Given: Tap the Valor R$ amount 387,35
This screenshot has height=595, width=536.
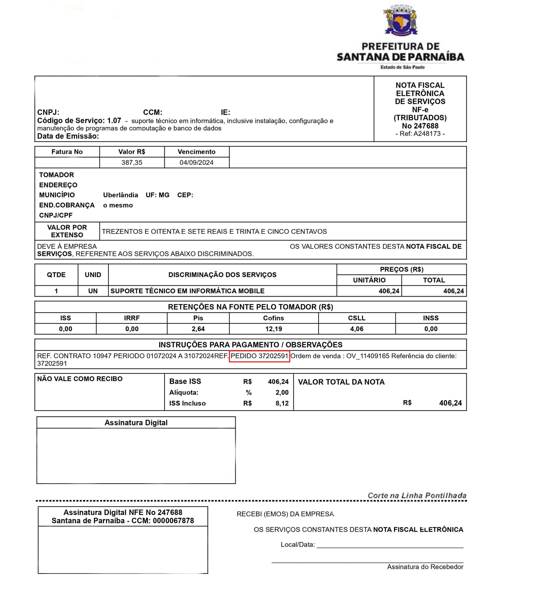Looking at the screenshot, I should [x=132, y=163].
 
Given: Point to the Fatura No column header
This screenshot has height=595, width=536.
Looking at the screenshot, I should [x=67, y=152].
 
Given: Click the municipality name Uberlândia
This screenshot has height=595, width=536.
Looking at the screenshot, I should [x=120, y=195].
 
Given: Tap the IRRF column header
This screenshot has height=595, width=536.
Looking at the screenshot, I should [x=132, y=318].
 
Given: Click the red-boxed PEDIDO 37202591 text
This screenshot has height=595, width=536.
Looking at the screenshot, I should [x=259, y=356].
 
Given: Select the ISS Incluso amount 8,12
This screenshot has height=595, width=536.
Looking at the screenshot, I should [x=282, y=403].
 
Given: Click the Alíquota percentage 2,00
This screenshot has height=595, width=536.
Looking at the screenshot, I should [x=282, y=392].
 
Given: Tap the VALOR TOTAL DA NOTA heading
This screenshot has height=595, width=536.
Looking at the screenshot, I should [x=341, y=382].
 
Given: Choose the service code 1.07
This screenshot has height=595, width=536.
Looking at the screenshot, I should [x=114, y=120].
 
